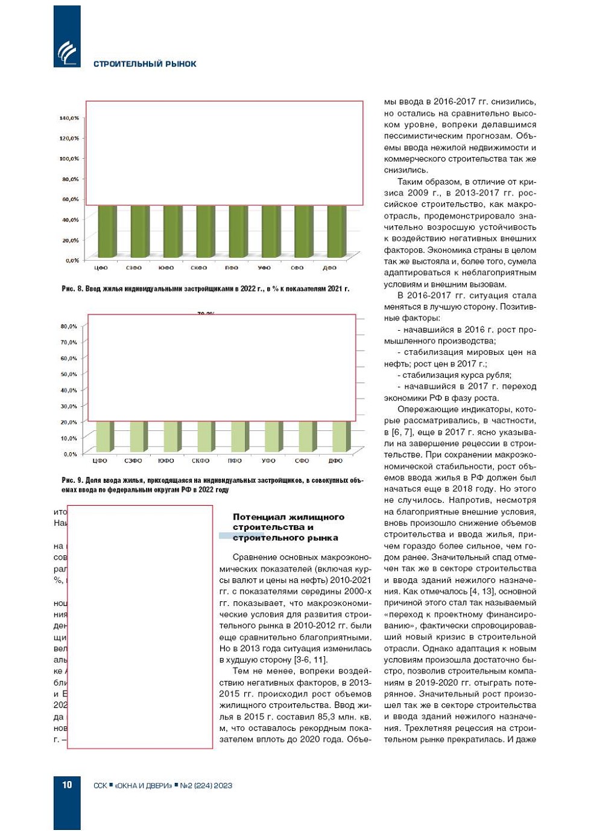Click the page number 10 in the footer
coord(67,785)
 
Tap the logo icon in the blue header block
coord(67,52)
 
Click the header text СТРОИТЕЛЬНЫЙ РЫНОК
coord(145,64)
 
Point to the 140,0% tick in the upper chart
coord(69,118)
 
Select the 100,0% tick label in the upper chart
coord(69,159)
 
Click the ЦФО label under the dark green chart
coord(101,268)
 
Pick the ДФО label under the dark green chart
coord(329,268)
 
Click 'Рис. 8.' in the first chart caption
coord(72,289)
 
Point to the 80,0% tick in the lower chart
coord(69,327)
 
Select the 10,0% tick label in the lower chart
coord(69,438)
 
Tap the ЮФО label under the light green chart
coord(166,461)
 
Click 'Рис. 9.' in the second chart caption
coord(72,480)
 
